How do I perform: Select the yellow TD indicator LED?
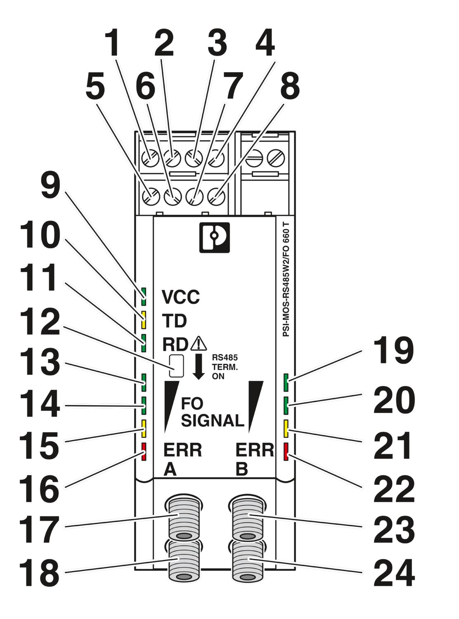tap(144, 319)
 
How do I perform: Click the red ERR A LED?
tap(144, 451)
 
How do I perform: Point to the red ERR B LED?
tap(286, 451)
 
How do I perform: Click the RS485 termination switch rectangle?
tap(176, 366)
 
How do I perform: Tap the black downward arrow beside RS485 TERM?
tap(199, 366)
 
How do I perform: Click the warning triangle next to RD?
tap(199, 343)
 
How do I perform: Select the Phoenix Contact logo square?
tap(214, 238)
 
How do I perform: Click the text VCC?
tap(180, 297)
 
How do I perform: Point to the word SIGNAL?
tap(213, 421)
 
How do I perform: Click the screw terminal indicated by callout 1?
tap(149, 158)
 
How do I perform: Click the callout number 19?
tap(393, 351)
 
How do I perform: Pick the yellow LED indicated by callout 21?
tap(286, 428)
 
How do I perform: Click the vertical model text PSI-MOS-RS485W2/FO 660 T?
tap(286, 281)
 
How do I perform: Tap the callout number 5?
tap(95, 87)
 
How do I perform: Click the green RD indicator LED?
tap(144, 343)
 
